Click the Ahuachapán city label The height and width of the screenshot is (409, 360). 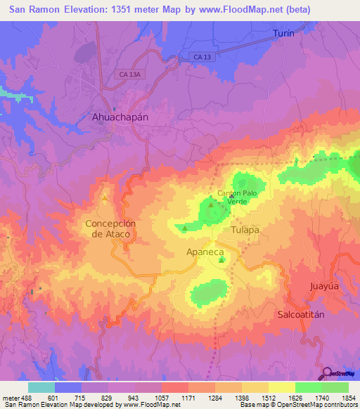(x=120, y=117)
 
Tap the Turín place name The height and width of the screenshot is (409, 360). (x=282, y=33)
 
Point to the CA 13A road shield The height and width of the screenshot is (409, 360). (x=131, y=72)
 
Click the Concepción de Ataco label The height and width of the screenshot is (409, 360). (x=110, y=229)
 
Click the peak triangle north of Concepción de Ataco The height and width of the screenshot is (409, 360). (x=105, y=198)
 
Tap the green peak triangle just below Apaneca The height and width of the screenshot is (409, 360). (x=222, y=261)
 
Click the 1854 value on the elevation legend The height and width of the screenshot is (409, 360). (x=348, y=398)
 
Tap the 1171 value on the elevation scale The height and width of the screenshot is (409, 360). (x=188, y=398)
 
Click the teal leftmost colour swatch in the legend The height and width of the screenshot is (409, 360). (x=41, y=387)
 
